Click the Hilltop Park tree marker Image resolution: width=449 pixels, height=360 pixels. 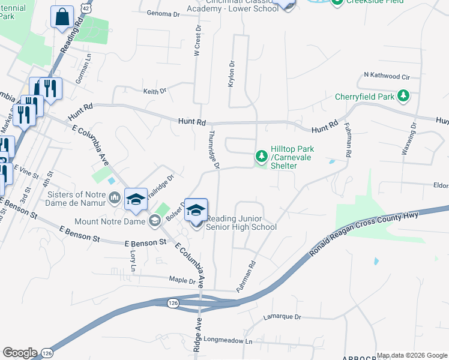[x=261, y=157]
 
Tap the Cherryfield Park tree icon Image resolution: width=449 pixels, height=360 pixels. [x=405, y=96]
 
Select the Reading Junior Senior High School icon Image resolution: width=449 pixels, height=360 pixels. [x=196, y=211]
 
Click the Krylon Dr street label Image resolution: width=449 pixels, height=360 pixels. [x=231, y=74]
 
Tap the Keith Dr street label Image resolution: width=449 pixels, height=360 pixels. [x=154, y=91]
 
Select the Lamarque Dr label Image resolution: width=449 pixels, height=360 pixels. [x=282, y=316]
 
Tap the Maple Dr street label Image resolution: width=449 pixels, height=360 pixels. [x=183, y=280]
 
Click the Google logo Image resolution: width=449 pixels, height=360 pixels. [x=20, y=353]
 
